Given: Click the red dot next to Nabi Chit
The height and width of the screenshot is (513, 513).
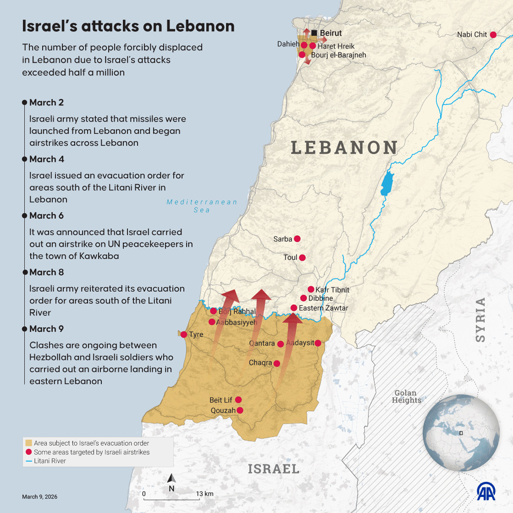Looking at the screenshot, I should (x=493, y=35).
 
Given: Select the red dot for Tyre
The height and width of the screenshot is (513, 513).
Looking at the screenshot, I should (x=184, y=334).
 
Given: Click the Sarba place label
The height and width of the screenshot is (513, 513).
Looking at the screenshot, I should (x=283, y=239).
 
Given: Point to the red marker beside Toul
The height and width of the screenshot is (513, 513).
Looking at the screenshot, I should (x=302, y=258).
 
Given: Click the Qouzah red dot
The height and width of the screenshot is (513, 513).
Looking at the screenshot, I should (x=240, y=410).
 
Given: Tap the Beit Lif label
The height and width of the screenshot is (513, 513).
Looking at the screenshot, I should (x=221, y=400).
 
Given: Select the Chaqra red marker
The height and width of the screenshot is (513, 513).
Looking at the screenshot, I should (x=277, y=363).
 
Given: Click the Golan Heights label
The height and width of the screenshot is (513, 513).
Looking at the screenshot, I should (x=406, y=396).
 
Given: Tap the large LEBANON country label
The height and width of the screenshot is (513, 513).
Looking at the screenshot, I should (x=344, y=147).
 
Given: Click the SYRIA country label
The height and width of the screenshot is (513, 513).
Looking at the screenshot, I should (x=480, y=320).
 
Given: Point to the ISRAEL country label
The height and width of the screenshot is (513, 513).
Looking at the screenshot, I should (x=273, y=469).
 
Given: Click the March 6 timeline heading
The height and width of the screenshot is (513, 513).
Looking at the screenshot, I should (x=46, y=216).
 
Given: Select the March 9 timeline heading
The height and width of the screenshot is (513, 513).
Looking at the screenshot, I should (x=46, y=329).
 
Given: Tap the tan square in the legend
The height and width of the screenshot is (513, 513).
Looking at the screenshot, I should (x=28, y=443).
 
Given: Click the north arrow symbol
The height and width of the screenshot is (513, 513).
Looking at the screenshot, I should (x=172, y=479).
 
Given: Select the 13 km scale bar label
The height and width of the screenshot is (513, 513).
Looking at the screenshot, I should (x=205, y=494).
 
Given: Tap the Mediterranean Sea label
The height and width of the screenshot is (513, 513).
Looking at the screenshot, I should (x=202, y=206).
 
